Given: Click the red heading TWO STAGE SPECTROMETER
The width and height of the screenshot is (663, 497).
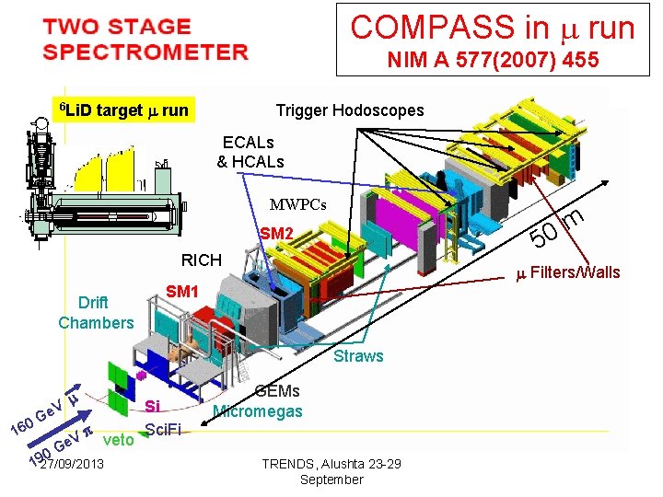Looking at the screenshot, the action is tap(145, 39).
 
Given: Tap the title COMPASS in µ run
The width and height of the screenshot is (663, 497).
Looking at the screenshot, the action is tap(493, 27).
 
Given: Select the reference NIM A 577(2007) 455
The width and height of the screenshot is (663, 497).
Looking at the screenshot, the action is tap(494, 61).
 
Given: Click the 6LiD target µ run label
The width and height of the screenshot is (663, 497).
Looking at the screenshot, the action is tap(123, 111).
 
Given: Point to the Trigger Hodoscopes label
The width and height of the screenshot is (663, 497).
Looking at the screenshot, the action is tap(350, 110).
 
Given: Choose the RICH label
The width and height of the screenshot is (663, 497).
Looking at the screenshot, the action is tap(201, 260).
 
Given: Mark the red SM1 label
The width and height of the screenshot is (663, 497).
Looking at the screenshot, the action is tap(182, 292).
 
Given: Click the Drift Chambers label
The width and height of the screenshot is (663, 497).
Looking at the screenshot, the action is tap(95, 313).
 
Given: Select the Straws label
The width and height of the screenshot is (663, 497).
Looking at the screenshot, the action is tap(358, 356).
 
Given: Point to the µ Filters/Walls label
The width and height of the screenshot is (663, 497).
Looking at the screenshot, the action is tap(567, 272).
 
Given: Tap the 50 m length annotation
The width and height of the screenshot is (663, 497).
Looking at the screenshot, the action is tap(557, 229).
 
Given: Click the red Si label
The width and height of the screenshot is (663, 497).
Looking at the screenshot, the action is tap(153, 406).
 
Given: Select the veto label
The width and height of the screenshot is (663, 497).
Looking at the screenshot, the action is tap(119, 440).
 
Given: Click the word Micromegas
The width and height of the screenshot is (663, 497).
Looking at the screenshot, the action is tap(257, 410).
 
